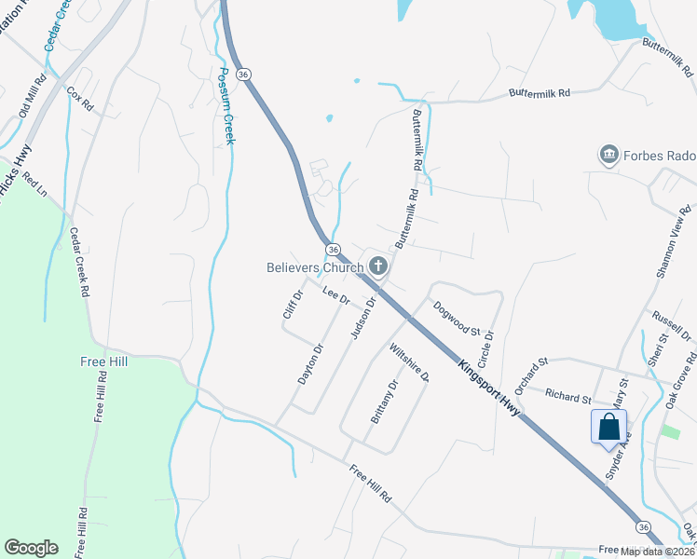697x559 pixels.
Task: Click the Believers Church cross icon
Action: click(x=378, y=267)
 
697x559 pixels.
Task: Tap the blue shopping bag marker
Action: click(x=608, y=427)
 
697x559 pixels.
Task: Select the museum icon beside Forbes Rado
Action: click(x=609, y=154)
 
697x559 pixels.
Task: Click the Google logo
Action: click(x=31, y=548)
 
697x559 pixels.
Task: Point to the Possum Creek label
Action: click(x=225, y=105)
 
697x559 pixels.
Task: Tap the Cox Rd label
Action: click(x=80, y=99)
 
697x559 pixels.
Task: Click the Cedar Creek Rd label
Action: click(x=80, y=263)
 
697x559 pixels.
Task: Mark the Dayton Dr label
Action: click(x=310, y=364)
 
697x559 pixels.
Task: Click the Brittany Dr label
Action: click(x=384, y=402)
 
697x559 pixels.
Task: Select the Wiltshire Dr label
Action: click(x=408, y=363)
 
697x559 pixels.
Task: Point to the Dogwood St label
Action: click(x=456, y=319)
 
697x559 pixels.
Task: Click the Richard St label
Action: click(x=568, y=398)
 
